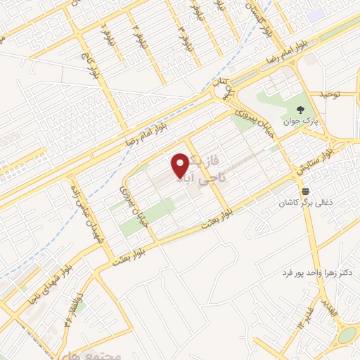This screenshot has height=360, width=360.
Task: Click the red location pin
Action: click(x=180, y=165)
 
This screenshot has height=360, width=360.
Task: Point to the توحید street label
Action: click(x=326, y=94)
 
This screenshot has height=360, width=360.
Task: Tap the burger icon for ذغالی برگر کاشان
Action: click(x=304, y=191)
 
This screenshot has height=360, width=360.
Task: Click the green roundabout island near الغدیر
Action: click(x=346, y=335)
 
